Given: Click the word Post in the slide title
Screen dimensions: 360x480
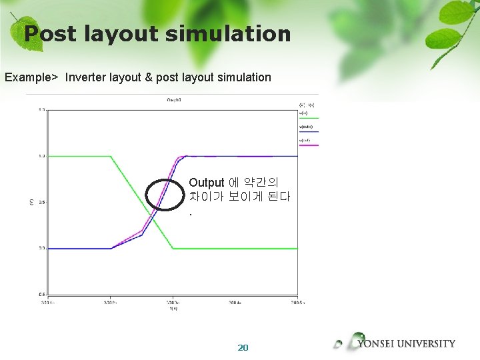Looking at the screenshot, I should pyautogui.click(x=52, y=33).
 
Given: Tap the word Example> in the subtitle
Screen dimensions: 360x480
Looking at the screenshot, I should pyautogui.click(x=31, y=77).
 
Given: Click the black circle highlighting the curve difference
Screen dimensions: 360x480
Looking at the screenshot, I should pyautogui.click(x=164, y=195).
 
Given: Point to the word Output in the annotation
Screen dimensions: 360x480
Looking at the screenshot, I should pyautogui.click(x=206, y=183).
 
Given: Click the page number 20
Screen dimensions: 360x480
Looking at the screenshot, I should pyautogui.click(x=243, y=347).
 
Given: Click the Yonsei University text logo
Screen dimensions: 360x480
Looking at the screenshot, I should pyautogui.click(x=406, y=344).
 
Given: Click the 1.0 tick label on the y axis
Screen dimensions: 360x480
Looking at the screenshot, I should pyautogui.click(x=41, y=156).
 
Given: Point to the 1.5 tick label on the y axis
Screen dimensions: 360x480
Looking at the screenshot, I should pyautogui.click(x=41, y=110).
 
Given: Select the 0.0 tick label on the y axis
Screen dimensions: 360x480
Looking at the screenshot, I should pyautogui.click(x=41, y=249).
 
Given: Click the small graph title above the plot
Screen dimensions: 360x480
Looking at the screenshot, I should pyautogui.click(x=174, y=100).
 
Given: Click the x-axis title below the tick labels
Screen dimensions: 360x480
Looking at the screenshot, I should pyautogui.click(x=173, y=309).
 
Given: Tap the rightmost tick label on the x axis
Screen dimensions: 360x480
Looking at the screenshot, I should pyautogui.click(x=297, y=302).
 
